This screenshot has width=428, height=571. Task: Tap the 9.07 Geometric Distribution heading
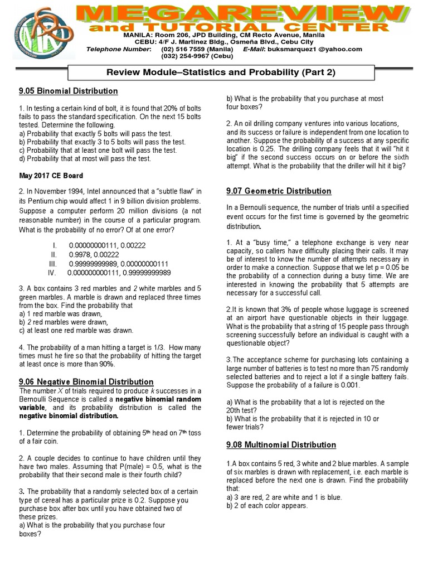coord(279,191)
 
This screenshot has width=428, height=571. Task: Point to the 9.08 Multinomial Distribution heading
coord(281,444)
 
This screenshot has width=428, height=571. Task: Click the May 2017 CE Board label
coord(44,176)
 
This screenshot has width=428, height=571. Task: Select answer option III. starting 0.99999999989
coord(119,263)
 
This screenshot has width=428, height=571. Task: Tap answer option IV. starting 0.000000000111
coord(119,273)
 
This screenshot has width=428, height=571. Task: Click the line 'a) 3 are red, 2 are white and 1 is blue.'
coord(284,497)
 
